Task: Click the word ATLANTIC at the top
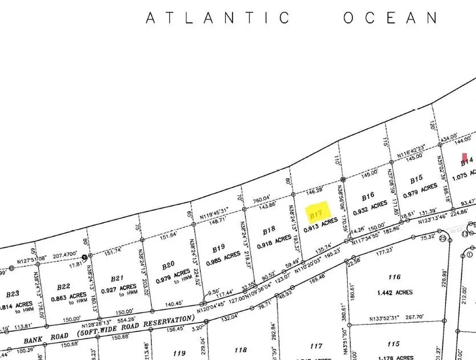coord(218,18)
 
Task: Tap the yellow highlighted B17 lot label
coord(317,215)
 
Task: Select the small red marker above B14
coord(464,157)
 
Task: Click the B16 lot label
coord(368,198)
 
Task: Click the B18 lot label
coord(269,231)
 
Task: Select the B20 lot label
coord(168,265)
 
